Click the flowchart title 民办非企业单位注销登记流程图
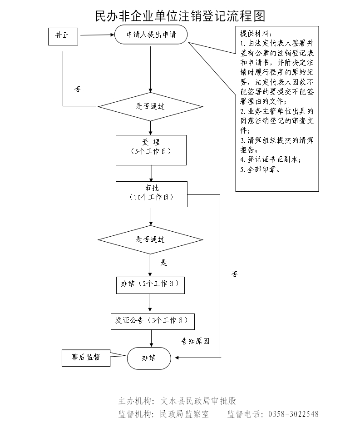pos(180,16)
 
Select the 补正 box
pos(63,36)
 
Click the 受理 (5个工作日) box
pos(151,149)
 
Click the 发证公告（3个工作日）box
pos(153,320)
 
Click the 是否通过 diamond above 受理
pos(150,107)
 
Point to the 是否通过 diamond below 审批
pos(150,239)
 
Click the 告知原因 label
pos(195,341)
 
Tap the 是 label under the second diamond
pos(164,263)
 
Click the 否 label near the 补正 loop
pos(77,89)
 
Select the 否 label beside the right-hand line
pos(234,274)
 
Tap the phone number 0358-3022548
pos(294,414)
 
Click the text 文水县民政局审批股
pos(198,401)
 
